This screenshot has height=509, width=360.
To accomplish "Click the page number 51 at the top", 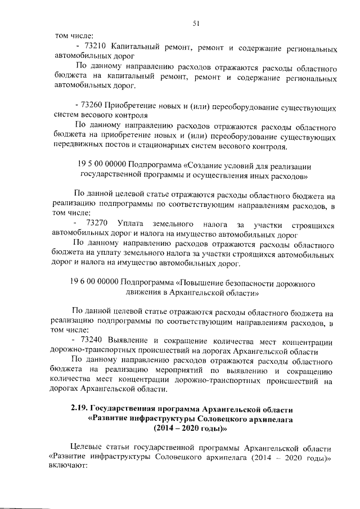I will [x=196, y=23].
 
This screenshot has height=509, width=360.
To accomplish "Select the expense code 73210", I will [x=94, y=45].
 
